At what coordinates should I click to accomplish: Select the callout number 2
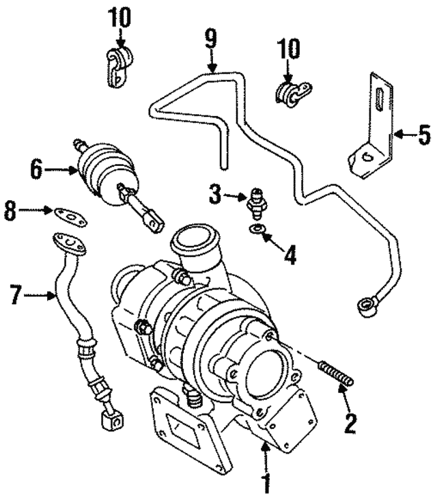pos(351,424)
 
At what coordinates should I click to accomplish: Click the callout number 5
pos(424,135)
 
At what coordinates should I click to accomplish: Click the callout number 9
pos(211,38)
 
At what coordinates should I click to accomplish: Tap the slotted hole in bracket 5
pos(377,102)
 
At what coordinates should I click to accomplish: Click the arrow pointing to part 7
pos(45,296)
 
